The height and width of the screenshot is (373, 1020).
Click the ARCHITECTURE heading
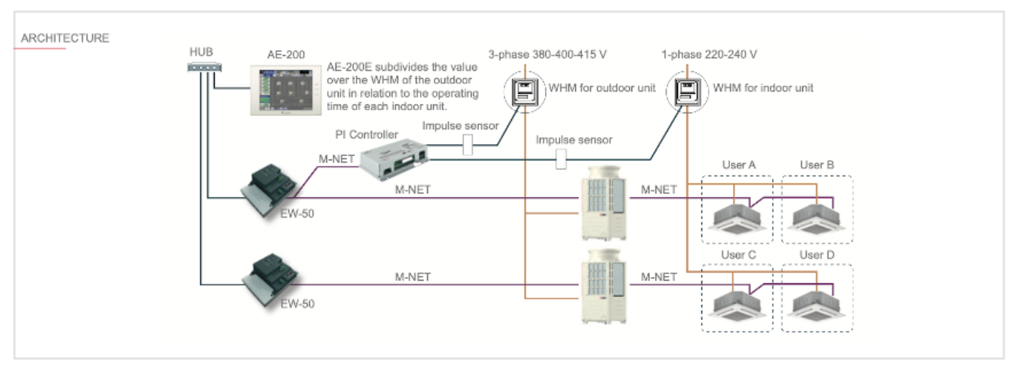[65, 38]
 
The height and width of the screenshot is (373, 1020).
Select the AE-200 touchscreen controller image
[285, 89]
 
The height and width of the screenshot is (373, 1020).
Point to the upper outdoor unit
[606, 203]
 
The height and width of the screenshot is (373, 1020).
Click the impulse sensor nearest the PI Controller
[468, 146]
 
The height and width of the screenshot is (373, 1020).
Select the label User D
[817, 254]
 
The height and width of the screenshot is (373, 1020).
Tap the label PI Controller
[366, 135]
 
